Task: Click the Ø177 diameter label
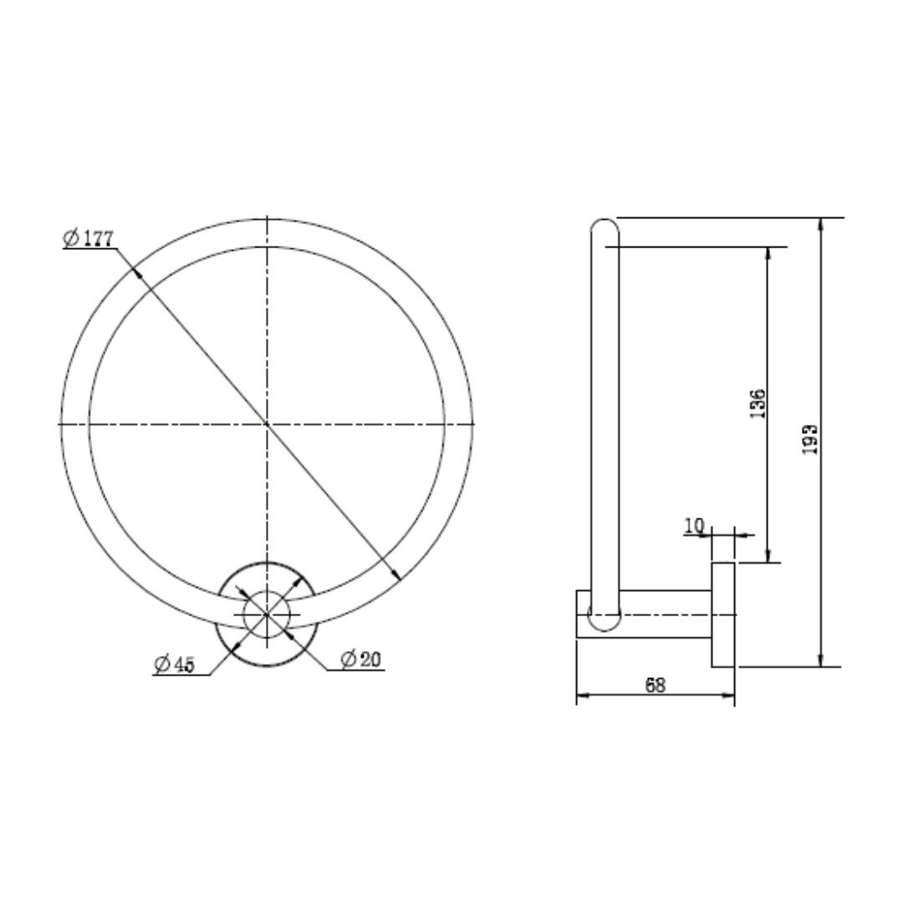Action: tap(88, 237)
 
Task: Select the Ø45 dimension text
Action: tap(175, 665)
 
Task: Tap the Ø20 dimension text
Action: tap(361, 659)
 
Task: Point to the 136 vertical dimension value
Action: tap(758, 404)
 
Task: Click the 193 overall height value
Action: tap(809, 440)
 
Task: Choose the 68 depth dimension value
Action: tap(656, 686)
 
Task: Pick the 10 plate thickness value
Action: tap(694, 525)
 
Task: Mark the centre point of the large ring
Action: tap(267, 424)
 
